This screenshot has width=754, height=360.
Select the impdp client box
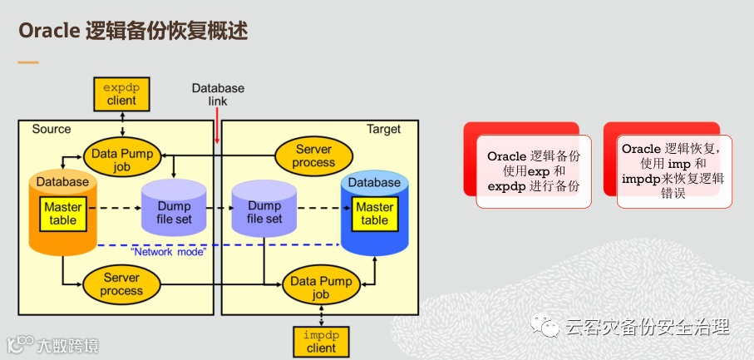point(320,341)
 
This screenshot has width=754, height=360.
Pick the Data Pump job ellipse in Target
point(321,288)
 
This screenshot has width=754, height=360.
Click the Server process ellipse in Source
point(121,284)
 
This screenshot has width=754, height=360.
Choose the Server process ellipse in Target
point(313,155)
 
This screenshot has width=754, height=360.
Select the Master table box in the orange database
point(62,213)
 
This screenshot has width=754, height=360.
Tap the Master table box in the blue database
point(374,213)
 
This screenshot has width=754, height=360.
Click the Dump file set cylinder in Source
point(174,212)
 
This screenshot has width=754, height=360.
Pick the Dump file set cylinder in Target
point(264,212)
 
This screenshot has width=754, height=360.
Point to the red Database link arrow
point(217,125)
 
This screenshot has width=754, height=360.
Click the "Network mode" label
point(167,251)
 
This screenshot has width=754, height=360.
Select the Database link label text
point(218,94)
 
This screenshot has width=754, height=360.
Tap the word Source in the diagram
point(52,129)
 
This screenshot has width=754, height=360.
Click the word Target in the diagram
point(383,129)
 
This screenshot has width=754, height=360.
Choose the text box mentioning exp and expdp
point(533,171)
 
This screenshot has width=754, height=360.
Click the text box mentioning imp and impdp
point(673,170)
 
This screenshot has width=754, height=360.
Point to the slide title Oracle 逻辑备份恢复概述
point(133,31)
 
